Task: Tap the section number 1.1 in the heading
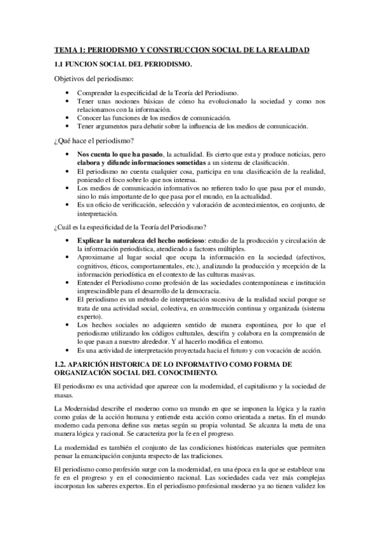[60, 65]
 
